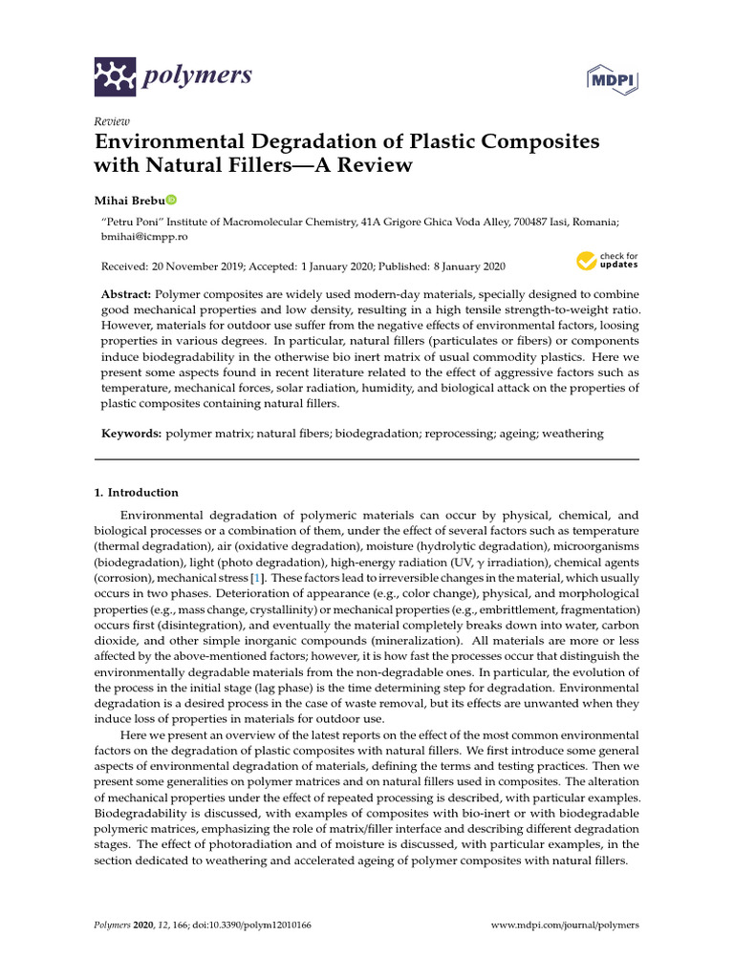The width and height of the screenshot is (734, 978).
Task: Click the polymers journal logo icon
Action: point(116,74)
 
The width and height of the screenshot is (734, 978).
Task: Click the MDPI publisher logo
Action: point(614,80)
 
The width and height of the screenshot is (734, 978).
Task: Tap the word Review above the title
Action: point(111,121)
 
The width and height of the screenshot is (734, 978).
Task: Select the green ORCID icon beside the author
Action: point(171,201)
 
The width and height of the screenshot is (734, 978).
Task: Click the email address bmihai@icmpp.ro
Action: point(141,235)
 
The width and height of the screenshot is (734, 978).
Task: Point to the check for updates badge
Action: point(607,261)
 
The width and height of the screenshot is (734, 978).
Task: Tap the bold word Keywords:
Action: point(131,434)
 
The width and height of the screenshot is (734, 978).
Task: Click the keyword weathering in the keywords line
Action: point(571,434)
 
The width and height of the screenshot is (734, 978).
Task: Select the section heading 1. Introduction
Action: point(136,493)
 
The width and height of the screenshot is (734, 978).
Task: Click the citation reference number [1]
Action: point(255,579)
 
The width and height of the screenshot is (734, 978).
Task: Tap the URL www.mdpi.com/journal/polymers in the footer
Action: point(564,925)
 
